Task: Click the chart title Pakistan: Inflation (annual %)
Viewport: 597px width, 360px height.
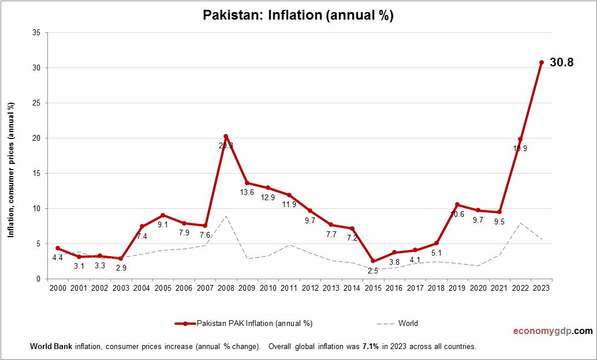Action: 298,16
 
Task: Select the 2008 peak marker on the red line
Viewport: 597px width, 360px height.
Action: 226,136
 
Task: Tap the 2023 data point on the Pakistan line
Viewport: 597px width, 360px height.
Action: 542,62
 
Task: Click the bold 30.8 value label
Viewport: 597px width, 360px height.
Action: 561,63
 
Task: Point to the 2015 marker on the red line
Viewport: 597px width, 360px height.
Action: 373,261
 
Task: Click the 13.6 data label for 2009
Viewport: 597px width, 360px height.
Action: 247,192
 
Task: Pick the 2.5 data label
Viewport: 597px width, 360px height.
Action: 372,271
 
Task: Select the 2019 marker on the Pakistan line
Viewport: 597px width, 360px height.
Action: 457,204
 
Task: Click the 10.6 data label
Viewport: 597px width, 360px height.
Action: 457,214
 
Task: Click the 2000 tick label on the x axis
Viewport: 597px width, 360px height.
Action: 58,288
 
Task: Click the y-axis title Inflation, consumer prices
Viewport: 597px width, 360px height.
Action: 10,170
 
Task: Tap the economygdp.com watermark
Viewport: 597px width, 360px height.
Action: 553,331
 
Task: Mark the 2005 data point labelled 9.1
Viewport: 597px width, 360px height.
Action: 163,215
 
